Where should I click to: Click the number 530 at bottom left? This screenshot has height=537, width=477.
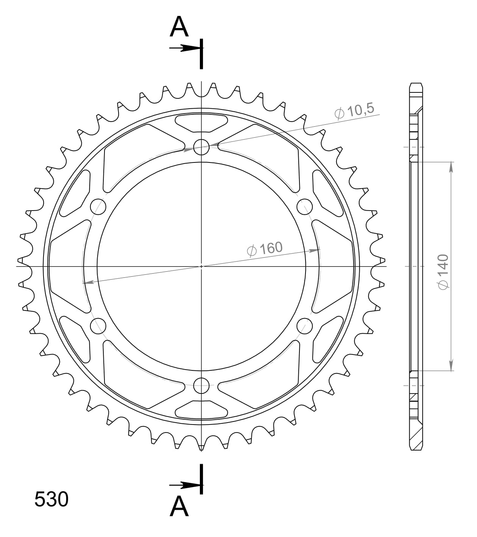tap(51, 499)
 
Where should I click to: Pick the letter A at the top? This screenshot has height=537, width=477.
tap(179, 27)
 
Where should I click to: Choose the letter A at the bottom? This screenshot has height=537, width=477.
tap(179, 506)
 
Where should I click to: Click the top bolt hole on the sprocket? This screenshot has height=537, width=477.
tap(201, 147)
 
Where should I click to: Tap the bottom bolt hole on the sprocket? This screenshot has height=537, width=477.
tap(201, 386)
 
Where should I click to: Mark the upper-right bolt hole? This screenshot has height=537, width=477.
tap(304, 206)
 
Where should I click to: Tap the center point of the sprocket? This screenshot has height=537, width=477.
tap(201, 266)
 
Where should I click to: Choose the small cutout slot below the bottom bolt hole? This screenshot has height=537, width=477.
tap(201, 409)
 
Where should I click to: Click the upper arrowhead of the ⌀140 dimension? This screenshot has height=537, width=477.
tap(451, 167)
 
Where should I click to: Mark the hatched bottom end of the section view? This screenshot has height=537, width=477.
tap(416, 439)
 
